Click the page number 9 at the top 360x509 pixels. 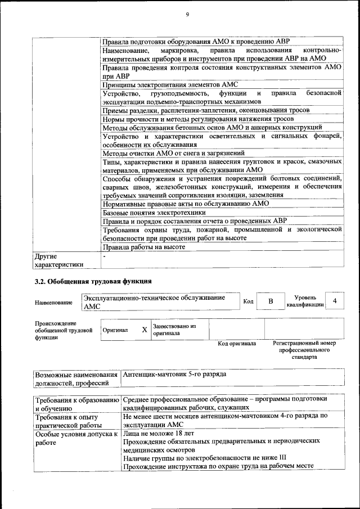[x=186, y=15]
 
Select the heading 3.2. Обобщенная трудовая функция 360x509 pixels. [x=93, y=281]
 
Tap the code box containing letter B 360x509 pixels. [x=270, y=301]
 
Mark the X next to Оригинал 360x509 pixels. [x=144, y=330]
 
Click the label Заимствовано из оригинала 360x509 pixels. [x=174, y=330]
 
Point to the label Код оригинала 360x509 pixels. [x=237, y=343]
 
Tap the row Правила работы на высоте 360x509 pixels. [x=144, y=246]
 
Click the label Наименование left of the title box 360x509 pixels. [x=53, y=303]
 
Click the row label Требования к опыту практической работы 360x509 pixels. [x=66, y=421]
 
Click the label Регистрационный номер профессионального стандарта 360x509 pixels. [x=304, y=350]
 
